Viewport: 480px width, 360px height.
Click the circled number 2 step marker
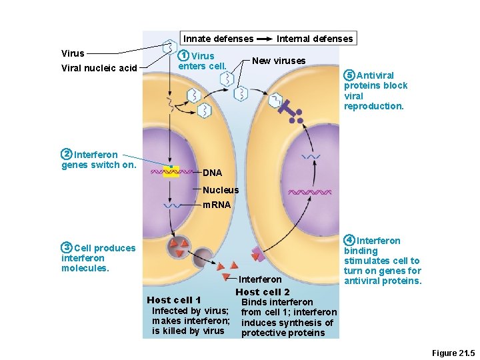(x=67, y=155)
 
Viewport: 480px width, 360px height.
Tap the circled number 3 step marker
(x=67, y=248)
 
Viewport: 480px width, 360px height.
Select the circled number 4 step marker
(x=349, y=240)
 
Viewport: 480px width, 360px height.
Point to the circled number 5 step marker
(x=349, y=75)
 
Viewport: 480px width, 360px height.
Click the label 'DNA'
(x=212, y=173)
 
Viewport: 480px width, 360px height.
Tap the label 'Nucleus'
(x=220, y=190)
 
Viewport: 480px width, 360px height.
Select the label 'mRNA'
(x=217, y=205)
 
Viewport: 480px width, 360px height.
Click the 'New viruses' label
(x=279, y=61)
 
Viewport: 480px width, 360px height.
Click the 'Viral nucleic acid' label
(x=99, y=68)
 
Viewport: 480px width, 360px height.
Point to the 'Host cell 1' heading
(x=173, y=300)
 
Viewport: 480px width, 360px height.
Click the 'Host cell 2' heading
(x=262, y=292)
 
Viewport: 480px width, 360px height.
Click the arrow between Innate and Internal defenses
(x=265, y=39)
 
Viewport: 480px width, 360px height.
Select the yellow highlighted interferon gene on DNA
(x=171, y=172)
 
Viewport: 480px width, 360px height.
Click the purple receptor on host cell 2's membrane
(x=257, y=254)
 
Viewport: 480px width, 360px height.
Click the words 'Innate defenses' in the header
(x=218, y=39)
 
